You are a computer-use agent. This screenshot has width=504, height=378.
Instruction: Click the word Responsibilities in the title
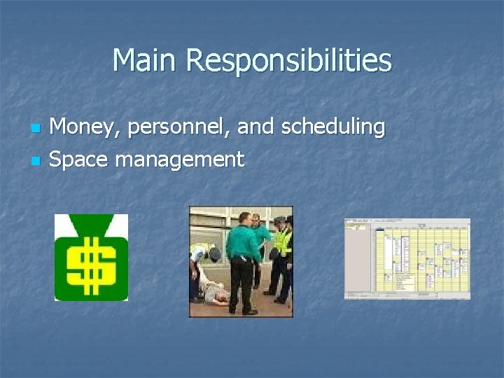(288, 62)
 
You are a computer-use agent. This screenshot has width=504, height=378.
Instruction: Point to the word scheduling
(333, 127)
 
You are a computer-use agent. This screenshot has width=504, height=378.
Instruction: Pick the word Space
(78, 160)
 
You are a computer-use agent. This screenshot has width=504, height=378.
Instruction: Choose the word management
(180, 160)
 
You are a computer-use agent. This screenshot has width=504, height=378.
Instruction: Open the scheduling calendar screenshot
(407, 258)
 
